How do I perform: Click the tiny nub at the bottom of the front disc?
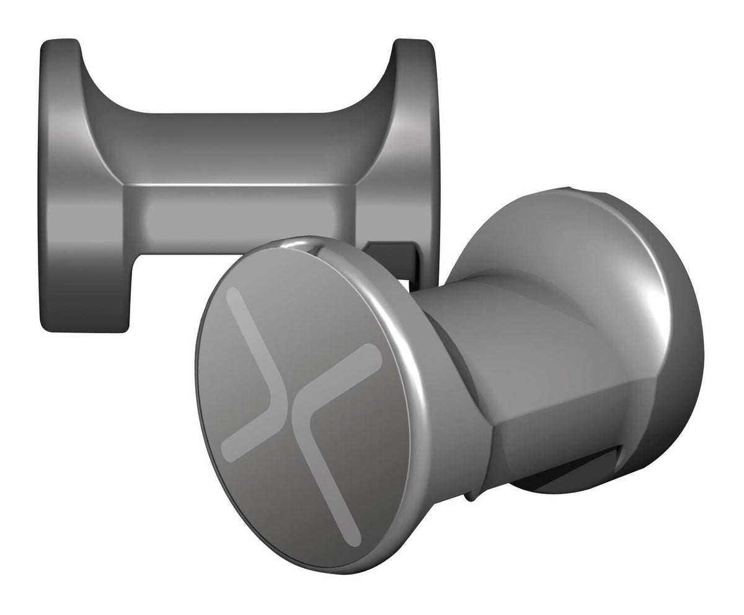click(471, 496)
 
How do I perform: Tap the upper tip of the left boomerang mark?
click(232, 293)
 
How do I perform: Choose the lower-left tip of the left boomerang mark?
click(228, 456)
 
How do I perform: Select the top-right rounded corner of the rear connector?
click(428, 45)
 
